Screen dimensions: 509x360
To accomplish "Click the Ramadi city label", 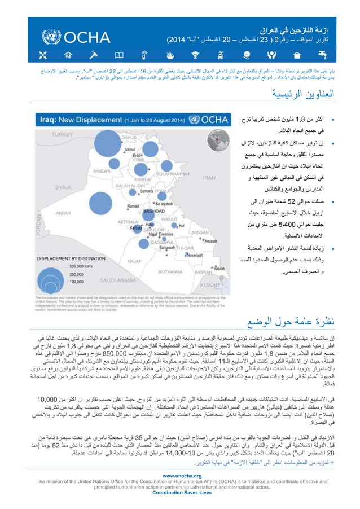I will point(117,207).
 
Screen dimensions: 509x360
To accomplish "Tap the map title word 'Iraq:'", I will point(58,120).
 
